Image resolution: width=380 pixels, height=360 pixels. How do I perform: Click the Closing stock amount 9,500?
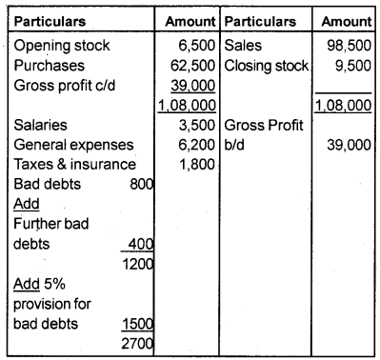click(351, 65)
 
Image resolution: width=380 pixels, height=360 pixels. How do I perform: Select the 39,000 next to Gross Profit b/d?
click(348, 144)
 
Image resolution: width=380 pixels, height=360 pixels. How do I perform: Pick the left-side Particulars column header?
click(49, 20)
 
